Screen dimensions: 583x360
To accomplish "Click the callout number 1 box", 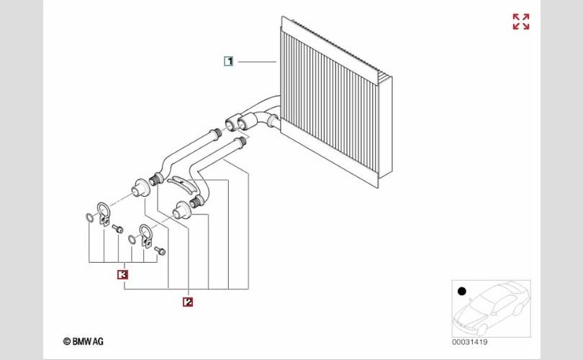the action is coord(229,61).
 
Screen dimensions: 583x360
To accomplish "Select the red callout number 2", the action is coord(188,302).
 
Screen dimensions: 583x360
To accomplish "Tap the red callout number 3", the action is coord(122,274).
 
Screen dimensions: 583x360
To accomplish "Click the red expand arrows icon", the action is coord(521,22).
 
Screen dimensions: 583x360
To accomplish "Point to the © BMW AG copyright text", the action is coord(83,341).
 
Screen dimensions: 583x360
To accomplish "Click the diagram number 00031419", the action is coord(469,342).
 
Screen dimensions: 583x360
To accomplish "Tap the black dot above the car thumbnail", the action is coord(462,291).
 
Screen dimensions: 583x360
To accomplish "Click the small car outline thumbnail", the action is coord(492,309).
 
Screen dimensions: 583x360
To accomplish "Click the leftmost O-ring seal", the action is coord(90,218).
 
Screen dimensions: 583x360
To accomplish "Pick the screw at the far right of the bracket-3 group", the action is coord(161,251).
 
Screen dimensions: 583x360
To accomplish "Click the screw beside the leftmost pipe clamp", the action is coord(118,229).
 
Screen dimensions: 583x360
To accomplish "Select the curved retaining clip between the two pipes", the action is coord(181,184).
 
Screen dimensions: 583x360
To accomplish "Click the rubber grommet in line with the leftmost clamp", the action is coord(141,188).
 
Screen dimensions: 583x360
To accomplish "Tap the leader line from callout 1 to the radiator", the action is coord(257,61).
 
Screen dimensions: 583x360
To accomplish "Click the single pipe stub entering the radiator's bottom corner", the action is coord(273,121).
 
